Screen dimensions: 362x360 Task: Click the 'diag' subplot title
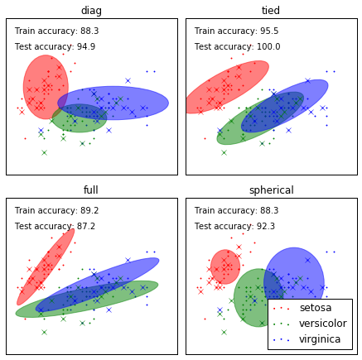click(91, 11)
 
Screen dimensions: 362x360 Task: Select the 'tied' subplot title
click(271, 11)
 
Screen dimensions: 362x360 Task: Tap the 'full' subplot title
click(90, 190)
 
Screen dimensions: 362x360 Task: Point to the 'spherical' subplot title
click(272, 190)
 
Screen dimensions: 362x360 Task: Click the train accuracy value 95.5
click(269, 31)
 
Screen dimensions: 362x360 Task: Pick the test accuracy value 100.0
click(268, 46)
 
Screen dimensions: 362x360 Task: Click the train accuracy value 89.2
click(89, 210)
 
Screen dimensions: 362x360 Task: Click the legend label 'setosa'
click(316, 308)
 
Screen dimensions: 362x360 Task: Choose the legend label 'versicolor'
click(323, 324)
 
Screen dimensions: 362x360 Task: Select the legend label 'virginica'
click(320, 339)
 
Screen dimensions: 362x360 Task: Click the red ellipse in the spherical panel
click(225, 266)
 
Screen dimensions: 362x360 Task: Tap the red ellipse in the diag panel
click(46, 87)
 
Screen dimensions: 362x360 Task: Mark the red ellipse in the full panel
click(46, 266)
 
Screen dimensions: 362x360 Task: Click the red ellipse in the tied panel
click(227, 87)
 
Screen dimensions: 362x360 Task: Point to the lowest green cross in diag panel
click(44, 152)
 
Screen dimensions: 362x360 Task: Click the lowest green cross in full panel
click(44, 332)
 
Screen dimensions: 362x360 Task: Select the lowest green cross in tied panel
click(224, 152)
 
